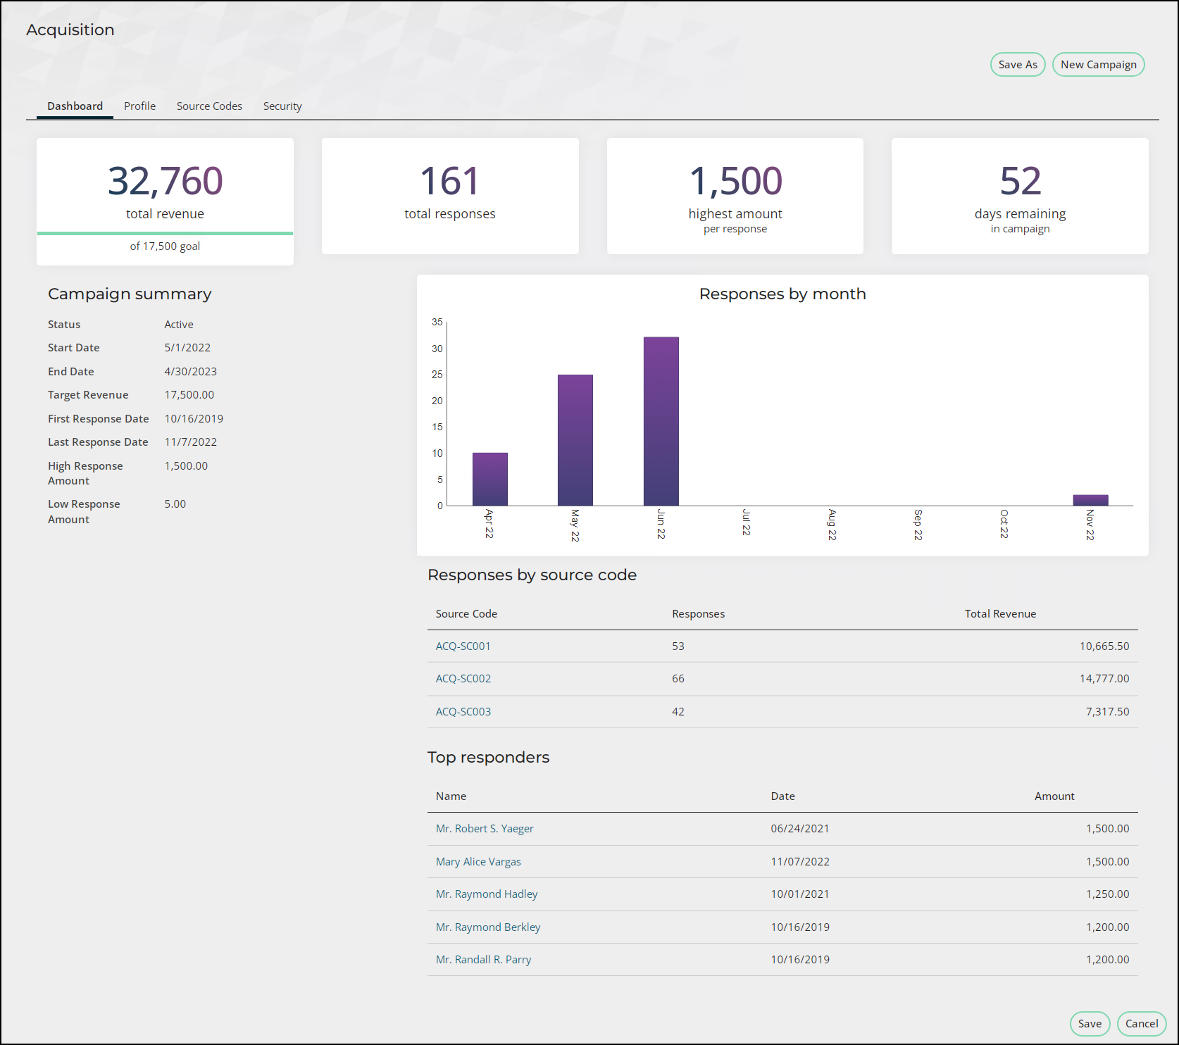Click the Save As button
pyautogui.click(x=1018, y=65)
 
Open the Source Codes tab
pyautogui.click(x=209, y=106)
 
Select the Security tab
pyautogui.click(x=282, y=106)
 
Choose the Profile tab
pyautogui.click(x=139, y=106)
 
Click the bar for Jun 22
pyautogui.click(x=661, y=421)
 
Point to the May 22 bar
pyautogui.click(x=575, y=440)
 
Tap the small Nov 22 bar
pyautogui.click(x=1090, y=500)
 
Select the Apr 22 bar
pyautogui.click(x=490, y=479)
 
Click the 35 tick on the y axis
pyautogui.click(x=437, y=323)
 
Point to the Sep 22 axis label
pyautogui.click(x=918, y=525)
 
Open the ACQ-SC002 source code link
pyautogui.click(x=463, y=679)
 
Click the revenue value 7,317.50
pyautogui.click(x=1107, y=712)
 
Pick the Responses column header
pyautogui.click(x=698, y=614)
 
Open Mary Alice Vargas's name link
pyautogui.click(x=478, y=862)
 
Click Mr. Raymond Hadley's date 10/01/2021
pyautogui.click(x=800, y=894)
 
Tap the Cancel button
pyautogui.click(x=1142, y=1024)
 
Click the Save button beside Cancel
pyautogui.click(x=1090, y=1024)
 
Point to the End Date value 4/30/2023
pyautogui.click(x=191, y=372)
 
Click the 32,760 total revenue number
pyautogui.click(x=166, y=181)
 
